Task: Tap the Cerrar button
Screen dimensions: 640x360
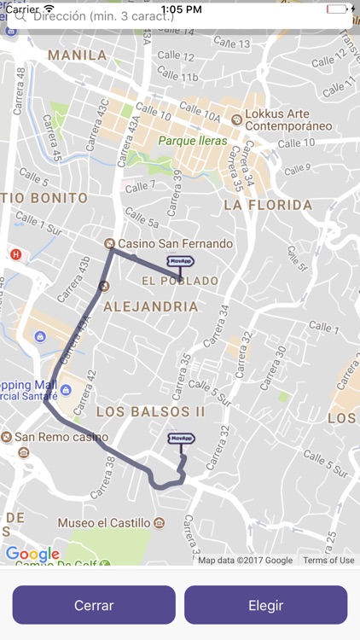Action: pyautogui.click(x=94, y=605)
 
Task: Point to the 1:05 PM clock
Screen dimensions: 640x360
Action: pyautogui.click(x=179, y=8)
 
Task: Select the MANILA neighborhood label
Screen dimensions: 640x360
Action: pyautogui.click(x=78, y=55)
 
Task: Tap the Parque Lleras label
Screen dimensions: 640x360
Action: pyautogui.click(x=193, y=141)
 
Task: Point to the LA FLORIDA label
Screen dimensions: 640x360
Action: pyautogui.click(x=268, y=205)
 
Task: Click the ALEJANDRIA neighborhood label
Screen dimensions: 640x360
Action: pyautogui.click(x=150, y=306)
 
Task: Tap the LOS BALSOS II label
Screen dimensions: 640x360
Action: pyautogui.click(x=150, y=411)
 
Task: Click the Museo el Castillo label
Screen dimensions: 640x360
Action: pyautogui.click(x=105, y=522)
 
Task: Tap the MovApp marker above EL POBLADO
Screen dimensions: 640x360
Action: pyautogui.click(x=179, y=262)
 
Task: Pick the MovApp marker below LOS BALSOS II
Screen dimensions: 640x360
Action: pyautogui.click(x=181, y=439)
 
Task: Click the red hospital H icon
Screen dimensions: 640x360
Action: pyautogui.click(x=15, y=253)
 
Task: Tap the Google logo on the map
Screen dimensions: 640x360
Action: pyautogui.click(x=32, y=554)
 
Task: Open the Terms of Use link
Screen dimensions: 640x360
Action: pyautogui.click(x=328, y=561)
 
